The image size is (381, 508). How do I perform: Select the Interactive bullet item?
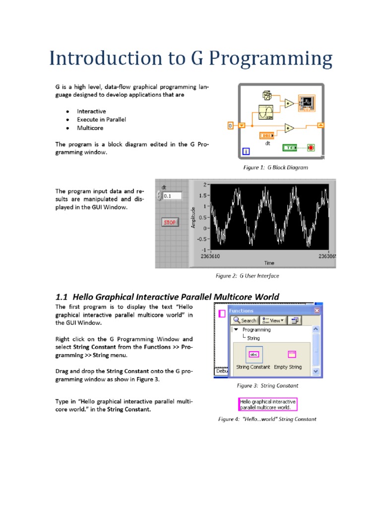[x=91, y=112]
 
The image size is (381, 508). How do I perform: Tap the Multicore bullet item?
[x=91, y=128]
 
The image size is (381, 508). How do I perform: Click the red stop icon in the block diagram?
[x=311, y=148]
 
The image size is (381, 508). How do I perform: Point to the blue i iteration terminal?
[x=246, y=151]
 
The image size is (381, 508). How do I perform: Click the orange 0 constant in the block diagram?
[x=230, y=126]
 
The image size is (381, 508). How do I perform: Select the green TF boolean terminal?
[x=289, y=148]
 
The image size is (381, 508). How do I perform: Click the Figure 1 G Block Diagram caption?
[x=275, y=168]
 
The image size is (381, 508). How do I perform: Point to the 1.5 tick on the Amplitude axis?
[x=203, y=195]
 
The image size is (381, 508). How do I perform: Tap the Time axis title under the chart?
[x=269, y=263]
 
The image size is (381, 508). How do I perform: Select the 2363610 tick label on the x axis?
[x=212, y=256]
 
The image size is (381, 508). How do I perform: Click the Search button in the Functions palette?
[x=245, y=320]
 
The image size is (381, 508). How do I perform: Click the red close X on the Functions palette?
[x=317, y=311]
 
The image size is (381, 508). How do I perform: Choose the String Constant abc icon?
[x=254, y=355]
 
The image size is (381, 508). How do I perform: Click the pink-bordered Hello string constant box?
[x=268, y=404]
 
